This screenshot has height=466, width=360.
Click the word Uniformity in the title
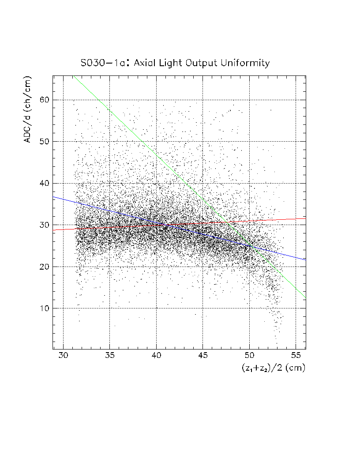[x=246, y=63]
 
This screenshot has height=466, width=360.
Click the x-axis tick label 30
[x=63, y=356]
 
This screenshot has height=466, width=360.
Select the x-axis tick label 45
[x=202, y=356]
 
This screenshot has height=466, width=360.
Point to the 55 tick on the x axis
[x=296, y=356]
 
